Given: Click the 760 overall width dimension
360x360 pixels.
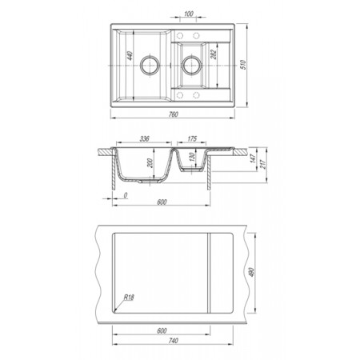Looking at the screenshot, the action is [x=174, y=114].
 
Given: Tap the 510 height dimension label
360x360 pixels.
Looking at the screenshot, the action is [x=243, y=65].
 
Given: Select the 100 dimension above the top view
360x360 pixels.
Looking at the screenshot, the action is [x=189, y=14].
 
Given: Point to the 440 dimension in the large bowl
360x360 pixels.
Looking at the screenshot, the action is [x=130, y=56].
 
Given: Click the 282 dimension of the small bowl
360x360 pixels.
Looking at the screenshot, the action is [x=214, y=54].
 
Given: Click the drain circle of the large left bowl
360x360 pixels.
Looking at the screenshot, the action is [x=150, y=66].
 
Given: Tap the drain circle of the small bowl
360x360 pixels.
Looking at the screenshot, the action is [x=191, y=66].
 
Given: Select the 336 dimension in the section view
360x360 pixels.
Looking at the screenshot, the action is [x=144, y=138].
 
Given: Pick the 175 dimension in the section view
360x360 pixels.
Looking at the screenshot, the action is [x=192, y=138].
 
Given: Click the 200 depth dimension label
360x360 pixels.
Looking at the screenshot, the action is [x=150, y=163].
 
